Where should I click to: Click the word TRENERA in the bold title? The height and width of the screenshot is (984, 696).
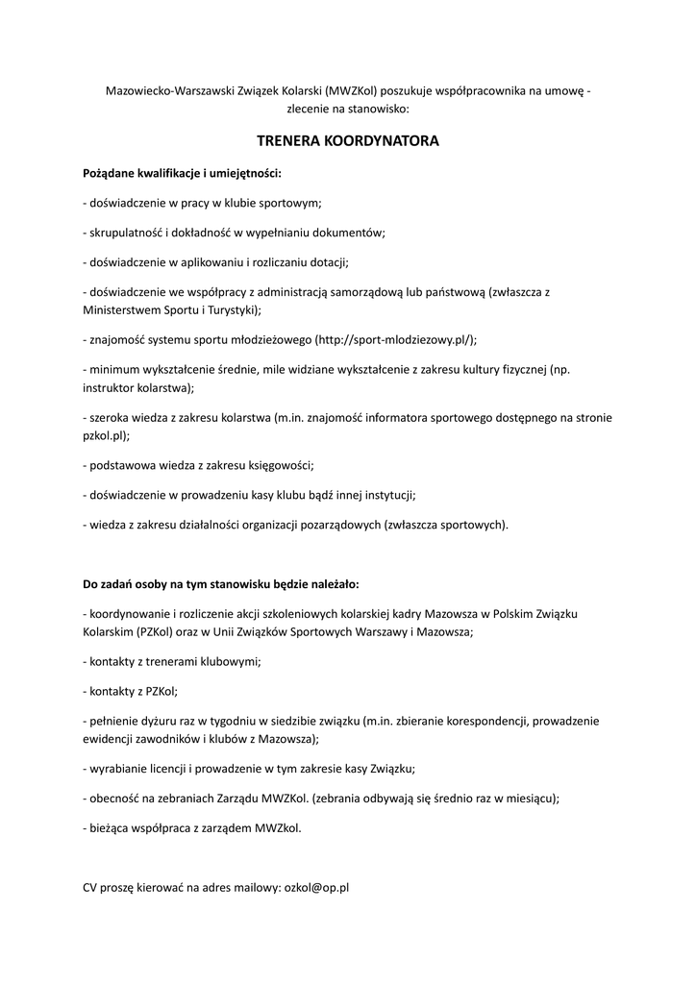coord(289,140)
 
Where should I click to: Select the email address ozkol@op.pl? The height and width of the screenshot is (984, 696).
coord(316,888)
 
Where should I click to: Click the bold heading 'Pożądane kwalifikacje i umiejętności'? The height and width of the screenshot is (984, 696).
coord(182,173)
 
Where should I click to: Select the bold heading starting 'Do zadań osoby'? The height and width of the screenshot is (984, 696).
coord(221,582)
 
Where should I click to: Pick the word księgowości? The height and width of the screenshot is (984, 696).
coord(278,465)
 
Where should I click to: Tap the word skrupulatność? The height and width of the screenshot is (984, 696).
coord(126,232)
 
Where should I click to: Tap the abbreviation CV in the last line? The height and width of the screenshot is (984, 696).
coord(91,888)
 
